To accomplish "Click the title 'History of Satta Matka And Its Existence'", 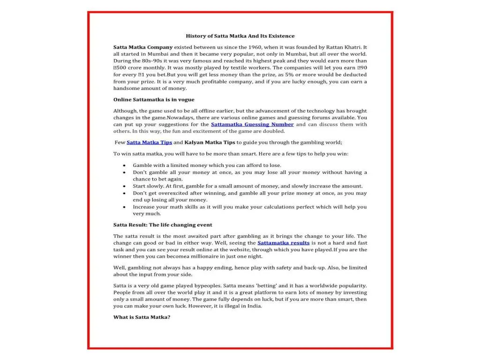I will pyautogui.click(x=240, y=36).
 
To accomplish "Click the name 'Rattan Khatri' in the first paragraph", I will pyautogui.click(x=342, y=47).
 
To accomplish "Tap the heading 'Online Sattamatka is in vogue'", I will pyautogui.click(x=154, y=99).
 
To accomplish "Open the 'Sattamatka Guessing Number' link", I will pyautogui.click(x=252, y=125).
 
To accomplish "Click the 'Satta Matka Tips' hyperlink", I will pyautogui.click(x=149, y=142).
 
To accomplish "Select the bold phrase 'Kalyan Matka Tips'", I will pyautogui.click(x=210, y=142).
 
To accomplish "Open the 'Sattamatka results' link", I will pyautogui.click(x=283, y=243).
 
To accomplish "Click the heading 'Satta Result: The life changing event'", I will pyautogui.click(x=163, y=225).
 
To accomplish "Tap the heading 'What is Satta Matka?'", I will pyautogui.click(x=142, y=317).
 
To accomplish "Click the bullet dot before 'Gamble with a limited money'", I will pyautogui.click(x=124, y=165).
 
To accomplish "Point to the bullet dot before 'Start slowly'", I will pyautogui.click(x=124, y=186).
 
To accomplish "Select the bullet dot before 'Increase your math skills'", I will pyautogui.click(x=124, y=207).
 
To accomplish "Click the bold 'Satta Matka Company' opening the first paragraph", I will pyautogui.click(x=143, y=47).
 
